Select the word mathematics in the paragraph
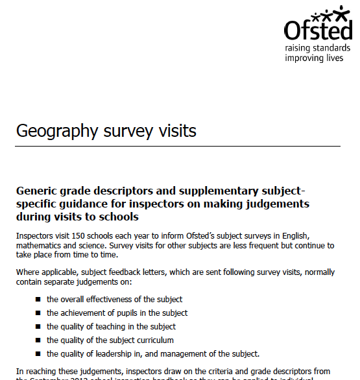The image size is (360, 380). coord(41,246)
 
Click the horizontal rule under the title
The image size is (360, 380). coord(178,147)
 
